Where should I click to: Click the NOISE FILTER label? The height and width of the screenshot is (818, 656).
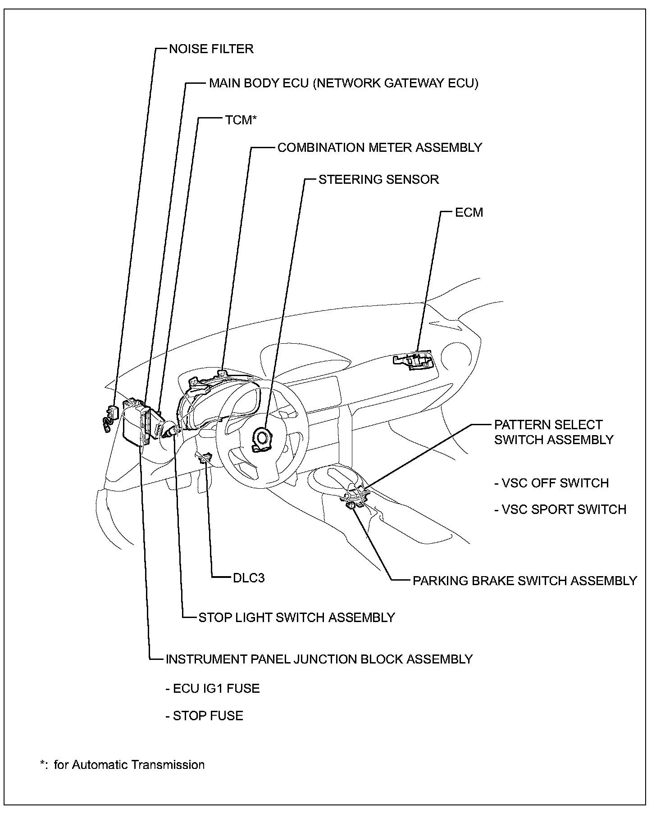(x=211, y=49)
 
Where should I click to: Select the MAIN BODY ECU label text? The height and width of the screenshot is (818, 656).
(x=343, y=83)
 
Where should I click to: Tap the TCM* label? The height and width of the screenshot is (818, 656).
(x=241, y=120)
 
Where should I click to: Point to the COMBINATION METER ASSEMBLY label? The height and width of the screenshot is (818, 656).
(x=379, y=148)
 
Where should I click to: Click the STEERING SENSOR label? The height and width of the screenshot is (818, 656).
(x=378, y=179)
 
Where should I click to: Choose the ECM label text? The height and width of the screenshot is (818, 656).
(x=469, y=212)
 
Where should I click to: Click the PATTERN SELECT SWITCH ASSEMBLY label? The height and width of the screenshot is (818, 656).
(x=553, y=432)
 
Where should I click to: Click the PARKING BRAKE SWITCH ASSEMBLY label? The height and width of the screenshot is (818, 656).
(x=524, y=581)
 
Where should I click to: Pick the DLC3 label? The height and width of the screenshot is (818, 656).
(x=249, y=578)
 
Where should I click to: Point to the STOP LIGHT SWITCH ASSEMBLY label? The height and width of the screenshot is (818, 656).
(x=296, y=617)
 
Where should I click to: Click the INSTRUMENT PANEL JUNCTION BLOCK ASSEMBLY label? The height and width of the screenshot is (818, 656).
(x=319, y=659)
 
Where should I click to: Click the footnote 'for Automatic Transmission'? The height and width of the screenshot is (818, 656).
(x=129, y=765)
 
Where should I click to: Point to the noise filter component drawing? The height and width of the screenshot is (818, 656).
(x=110, y=418)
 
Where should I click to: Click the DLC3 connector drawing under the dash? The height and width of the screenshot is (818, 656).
(x=205, y=457)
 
